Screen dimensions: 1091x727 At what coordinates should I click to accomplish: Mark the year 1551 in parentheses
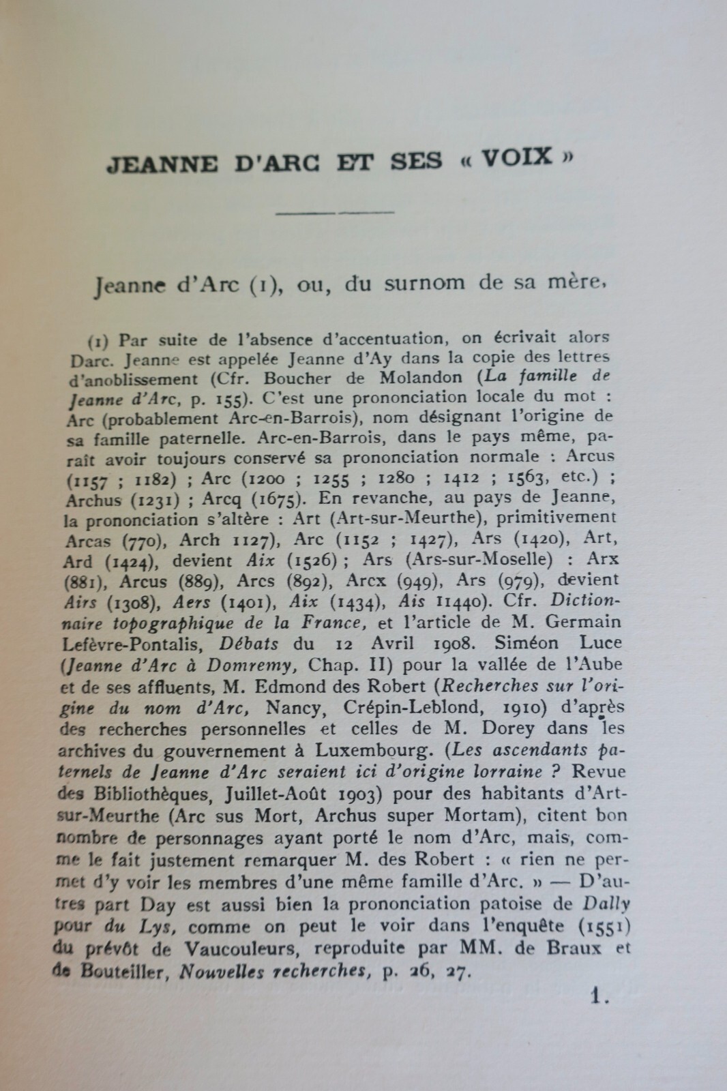pos(606,927)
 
